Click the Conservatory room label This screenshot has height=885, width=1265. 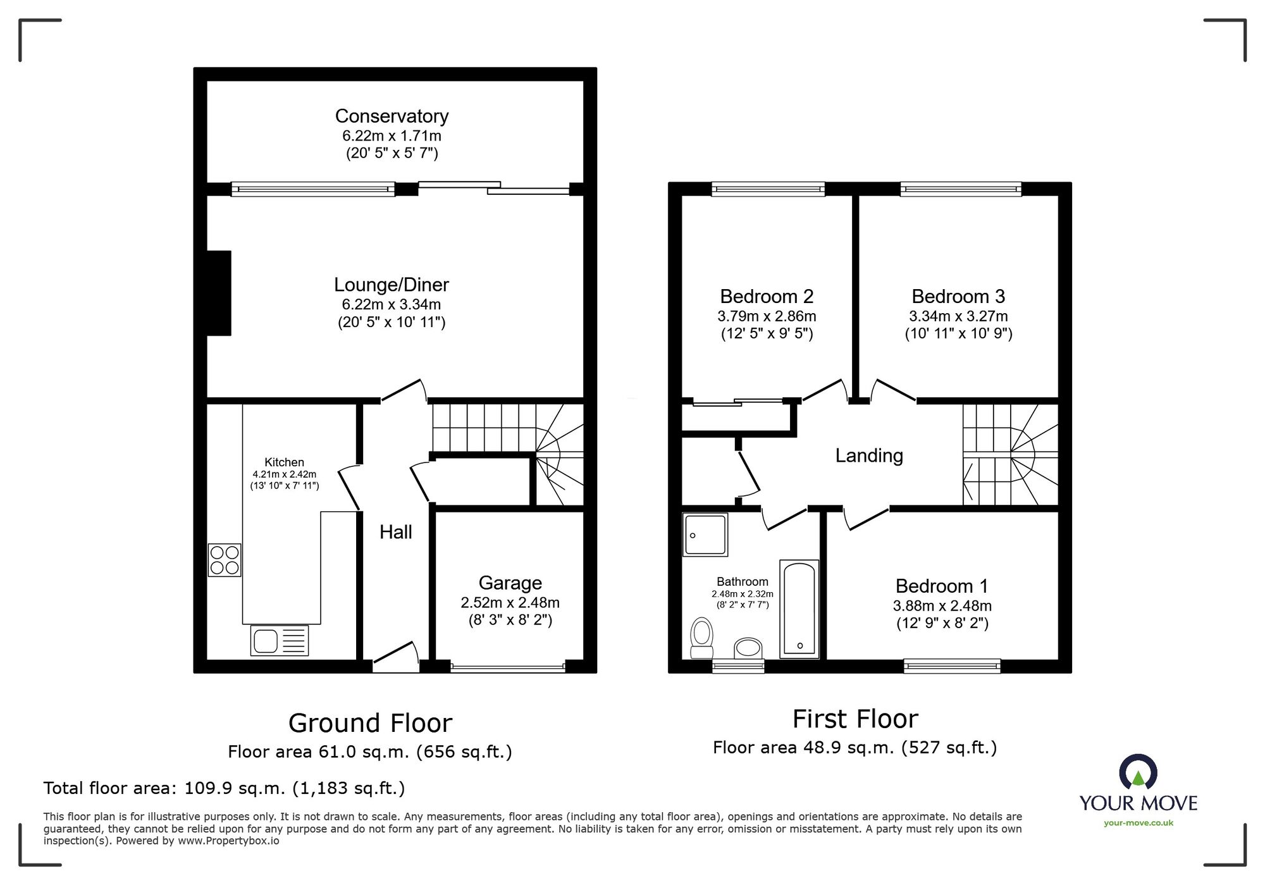coord(392,116)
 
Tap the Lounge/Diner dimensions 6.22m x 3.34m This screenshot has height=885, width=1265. coord(392,304)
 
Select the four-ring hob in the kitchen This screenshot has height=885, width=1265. coord(225,560)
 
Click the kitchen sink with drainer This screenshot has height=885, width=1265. coord(279,640)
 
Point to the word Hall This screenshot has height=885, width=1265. coord(395,532)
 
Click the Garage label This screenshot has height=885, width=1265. coord(510,583)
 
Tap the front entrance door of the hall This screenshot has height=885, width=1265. coord(396,658)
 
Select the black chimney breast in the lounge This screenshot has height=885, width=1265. coord(219,293)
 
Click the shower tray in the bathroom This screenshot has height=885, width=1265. coord(705,535)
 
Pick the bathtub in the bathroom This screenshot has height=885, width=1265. coord(799,608)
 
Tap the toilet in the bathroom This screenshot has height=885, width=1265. coord(701,638)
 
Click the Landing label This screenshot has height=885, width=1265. coord(868,455)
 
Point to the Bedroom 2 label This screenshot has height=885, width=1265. coord(767,296)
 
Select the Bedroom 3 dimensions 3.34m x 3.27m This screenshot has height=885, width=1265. coord(958,316)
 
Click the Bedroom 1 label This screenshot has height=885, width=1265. coord(941,586)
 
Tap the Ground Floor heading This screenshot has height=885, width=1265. coord(370,723)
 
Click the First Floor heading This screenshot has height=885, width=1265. coord(855,719)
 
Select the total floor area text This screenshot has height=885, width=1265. coord(224,788)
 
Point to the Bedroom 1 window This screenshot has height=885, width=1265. coord(952,665)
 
